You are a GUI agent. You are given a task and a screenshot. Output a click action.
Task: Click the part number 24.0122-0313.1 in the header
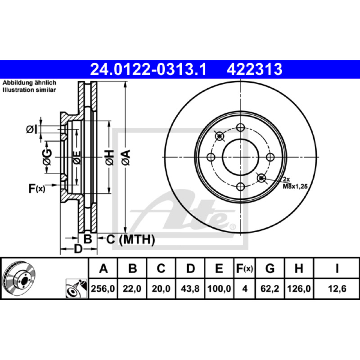tap(148, 69)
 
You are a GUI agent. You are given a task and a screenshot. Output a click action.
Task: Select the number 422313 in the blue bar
tap(254, 69)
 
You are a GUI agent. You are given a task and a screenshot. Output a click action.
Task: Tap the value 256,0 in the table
tap(103, 288)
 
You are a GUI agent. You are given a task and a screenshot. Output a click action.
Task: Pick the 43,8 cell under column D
tap(190, 288)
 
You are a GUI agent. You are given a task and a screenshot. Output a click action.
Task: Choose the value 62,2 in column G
tap(270, 288)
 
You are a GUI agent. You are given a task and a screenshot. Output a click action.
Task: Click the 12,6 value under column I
tap(337, 288)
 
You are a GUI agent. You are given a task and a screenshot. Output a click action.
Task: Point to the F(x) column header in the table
tap(245, 268)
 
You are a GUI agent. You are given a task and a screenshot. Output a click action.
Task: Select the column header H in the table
tap(299, 268)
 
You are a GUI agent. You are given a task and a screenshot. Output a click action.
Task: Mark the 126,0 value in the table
tap(299, 288)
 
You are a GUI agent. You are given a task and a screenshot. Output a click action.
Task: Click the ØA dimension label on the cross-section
tap(126, 157)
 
